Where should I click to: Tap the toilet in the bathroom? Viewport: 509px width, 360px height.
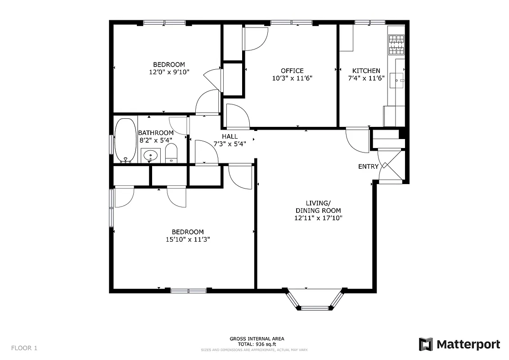pos(171,153)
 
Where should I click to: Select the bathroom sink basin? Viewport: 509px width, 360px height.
pos(150,156)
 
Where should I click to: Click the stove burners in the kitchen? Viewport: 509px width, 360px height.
pos(396,45)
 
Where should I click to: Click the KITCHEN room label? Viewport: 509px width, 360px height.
pos(366,71)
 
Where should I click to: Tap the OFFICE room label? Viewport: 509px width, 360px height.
pos(292,71)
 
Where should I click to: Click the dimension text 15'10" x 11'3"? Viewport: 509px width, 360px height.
pos(188,239)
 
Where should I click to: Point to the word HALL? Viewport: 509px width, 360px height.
pos(230,136)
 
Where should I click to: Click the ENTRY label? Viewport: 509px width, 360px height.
pos(368,166)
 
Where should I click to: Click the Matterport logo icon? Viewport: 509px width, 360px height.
pos(426,344)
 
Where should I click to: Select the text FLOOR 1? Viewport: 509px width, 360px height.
pos(24,348)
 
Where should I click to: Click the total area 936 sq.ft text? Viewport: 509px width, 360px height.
pos(257,344)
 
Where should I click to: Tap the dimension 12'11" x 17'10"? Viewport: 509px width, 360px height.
pos(318,218)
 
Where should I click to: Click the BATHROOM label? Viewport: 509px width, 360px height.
pos(156,133)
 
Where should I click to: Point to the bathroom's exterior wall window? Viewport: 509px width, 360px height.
pos(112,144)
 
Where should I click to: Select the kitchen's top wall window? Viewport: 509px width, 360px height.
pos(369,22)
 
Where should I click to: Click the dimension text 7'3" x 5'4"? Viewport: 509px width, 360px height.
pos(230,144)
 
